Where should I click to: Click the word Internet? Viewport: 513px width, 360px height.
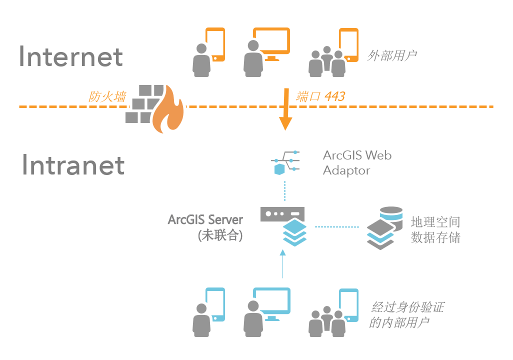pos(70,56)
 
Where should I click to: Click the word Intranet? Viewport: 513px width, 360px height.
pos(73,165)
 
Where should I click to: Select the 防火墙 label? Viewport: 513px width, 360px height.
pos(107,96)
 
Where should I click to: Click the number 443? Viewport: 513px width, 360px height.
pos(334,96)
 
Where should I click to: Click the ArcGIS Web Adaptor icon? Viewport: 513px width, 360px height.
pos(285,162)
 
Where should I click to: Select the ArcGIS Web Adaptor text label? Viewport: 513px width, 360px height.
pos(356,162)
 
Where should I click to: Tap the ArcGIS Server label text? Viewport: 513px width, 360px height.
pos(205,219)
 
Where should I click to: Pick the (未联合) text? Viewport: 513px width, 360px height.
pos(220,235)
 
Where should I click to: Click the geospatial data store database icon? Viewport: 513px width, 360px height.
pos(384,227)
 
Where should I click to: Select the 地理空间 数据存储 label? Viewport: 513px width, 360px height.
pos(435,229)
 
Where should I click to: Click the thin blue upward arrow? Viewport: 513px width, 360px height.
pos(283,265)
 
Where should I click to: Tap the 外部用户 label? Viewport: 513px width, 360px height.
pos(392,55)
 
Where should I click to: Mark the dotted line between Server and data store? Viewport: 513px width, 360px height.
pos(337,227)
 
